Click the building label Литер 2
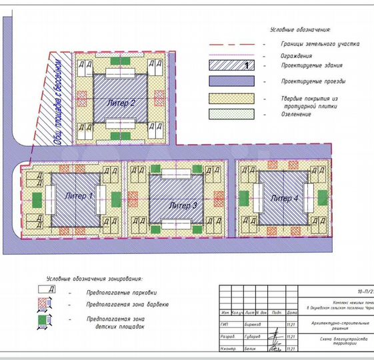click(121, 103)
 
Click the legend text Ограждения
click(296, 55)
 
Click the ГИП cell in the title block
click(227, 325)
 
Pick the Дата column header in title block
click(291, 312)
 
